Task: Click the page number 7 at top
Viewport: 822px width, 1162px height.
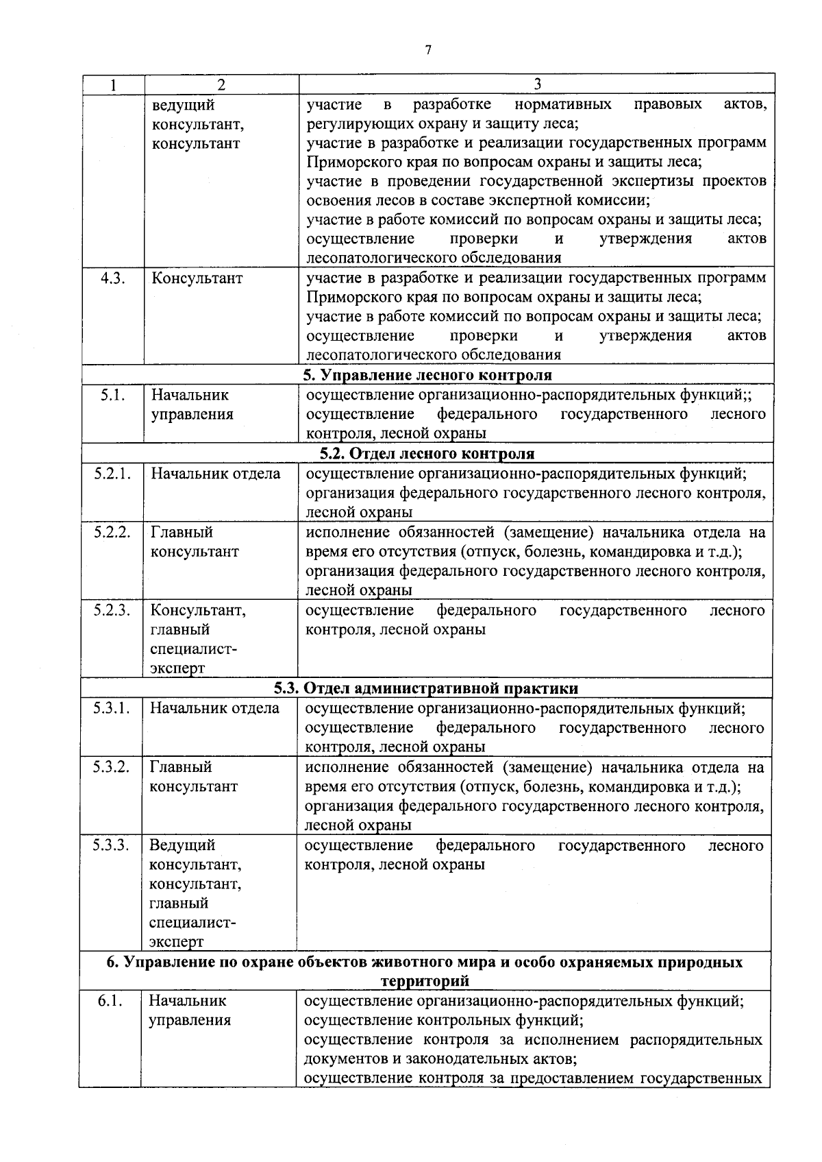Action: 428,49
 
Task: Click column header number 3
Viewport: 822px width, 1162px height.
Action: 537,84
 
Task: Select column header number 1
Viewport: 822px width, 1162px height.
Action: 112,84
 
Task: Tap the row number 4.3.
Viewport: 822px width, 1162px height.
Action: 112,278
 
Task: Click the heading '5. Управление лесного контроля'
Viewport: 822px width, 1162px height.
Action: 427,375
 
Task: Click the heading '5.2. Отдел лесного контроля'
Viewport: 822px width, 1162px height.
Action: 427,453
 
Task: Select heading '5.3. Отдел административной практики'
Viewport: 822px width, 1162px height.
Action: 426,688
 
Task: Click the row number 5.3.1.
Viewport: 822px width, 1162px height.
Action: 112,708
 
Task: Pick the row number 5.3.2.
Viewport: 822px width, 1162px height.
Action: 112,767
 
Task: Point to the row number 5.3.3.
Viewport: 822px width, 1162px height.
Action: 112,845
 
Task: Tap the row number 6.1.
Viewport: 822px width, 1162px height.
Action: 110,1001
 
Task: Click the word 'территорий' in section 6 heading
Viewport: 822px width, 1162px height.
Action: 425,981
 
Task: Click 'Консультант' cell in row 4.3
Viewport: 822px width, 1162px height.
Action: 197,278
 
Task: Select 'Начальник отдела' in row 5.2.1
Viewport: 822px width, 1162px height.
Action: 215,474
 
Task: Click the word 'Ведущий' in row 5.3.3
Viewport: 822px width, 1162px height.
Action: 182,845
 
